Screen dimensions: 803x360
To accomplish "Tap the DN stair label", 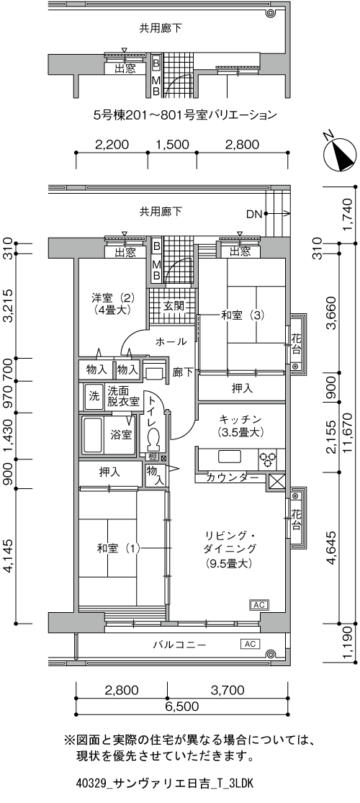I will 253,213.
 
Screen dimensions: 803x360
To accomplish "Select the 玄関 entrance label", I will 173,305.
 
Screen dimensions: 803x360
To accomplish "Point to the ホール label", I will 171,341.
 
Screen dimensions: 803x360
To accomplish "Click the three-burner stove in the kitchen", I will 268,457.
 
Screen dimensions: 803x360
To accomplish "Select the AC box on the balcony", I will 250,643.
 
